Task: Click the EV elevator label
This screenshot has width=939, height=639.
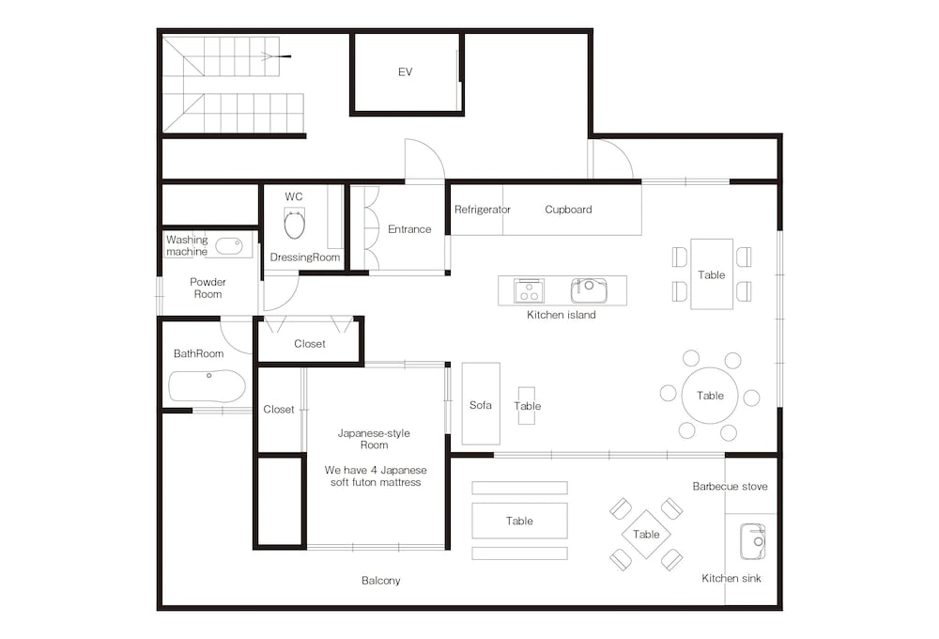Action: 406,72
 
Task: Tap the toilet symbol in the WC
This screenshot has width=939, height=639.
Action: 294,223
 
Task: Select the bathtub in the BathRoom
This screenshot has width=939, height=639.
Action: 208,386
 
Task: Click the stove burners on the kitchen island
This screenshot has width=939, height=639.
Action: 529,290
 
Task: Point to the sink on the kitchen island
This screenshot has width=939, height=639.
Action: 589,290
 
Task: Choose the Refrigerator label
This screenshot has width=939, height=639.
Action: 482,210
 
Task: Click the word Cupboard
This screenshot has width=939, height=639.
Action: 568,210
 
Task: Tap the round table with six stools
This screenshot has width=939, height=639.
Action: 710,396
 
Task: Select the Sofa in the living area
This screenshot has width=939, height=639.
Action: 481,403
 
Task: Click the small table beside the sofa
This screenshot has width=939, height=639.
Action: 527,406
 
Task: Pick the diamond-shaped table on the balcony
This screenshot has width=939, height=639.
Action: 646,534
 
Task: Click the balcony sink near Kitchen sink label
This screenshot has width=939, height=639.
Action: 753,542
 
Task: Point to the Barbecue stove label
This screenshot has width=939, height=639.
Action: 730,486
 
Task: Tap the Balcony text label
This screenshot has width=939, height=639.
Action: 381,580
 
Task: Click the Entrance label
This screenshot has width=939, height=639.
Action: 409,229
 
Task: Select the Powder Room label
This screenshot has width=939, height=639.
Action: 208,288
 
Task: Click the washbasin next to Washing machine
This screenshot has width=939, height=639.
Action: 229,246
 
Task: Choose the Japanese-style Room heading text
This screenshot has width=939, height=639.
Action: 375,439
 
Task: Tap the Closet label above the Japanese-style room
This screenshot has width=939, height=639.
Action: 310,344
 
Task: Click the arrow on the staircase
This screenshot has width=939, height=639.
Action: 276,56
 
